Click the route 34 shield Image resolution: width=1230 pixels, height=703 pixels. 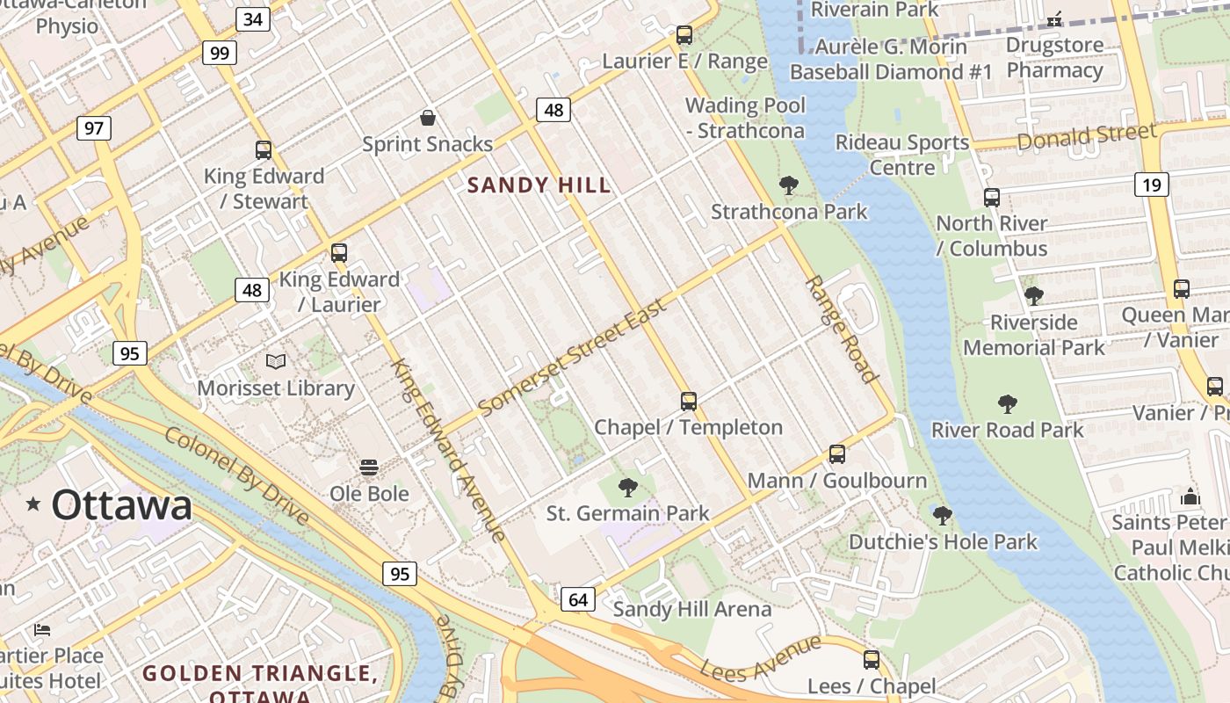(252, 18)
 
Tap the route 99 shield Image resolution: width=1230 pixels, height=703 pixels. (219, 53)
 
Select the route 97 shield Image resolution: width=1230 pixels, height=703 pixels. (93, 128)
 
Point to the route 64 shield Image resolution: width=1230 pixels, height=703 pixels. (578, 599)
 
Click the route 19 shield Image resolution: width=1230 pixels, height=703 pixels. (1151, 185)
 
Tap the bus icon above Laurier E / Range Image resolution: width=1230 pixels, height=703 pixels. (684, 35)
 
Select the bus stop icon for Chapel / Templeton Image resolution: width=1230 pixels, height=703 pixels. (688, 402)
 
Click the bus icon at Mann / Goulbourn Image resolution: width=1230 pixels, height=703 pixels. (836, 454)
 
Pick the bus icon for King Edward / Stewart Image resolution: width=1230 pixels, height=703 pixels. (263, 150)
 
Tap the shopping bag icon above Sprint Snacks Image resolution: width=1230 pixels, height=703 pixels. (427, 118)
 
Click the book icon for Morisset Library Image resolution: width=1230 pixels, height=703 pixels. (276, 361)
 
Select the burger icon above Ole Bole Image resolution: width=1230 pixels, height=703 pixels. (369, 467)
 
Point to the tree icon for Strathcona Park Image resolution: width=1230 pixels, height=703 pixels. (788, 185)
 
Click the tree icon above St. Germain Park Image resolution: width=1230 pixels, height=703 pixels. (627, 487)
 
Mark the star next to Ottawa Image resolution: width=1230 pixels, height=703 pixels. (33, 504)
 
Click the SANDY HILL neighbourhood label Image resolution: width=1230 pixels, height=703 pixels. (539, 185)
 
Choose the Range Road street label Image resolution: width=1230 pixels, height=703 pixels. (841, 330)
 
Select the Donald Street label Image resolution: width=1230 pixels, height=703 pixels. (1086, 137)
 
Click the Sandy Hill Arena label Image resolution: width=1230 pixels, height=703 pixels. (692, 609)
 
